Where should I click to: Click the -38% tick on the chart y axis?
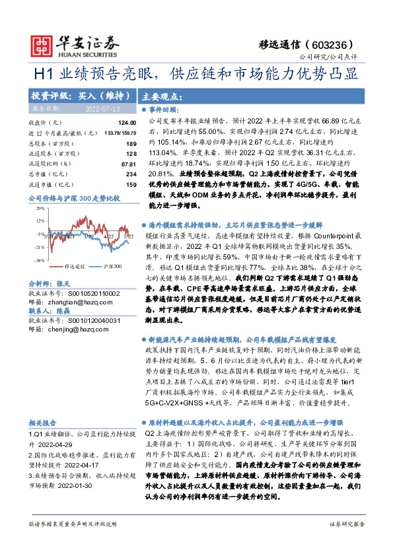pos(40,261)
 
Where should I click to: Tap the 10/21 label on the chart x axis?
pos(68,234)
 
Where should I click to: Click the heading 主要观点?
pos(162,94)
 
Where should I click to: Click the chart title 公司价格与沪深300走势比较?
pos(73,197)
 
